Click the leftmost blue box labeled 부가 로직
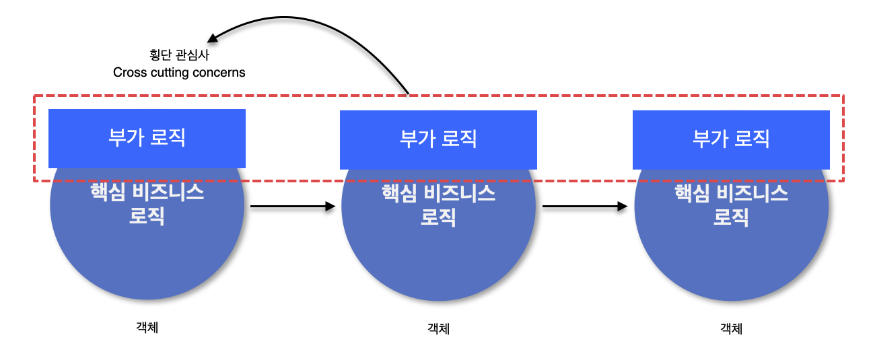[x=147, y=138]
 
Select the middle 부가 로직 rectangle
[x=438, y=139]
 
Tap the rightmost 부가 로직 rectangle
[x=731, y=139]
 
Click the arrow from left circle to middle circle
[x=292, y=206]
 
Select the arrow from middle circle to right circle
[x=584, y=206]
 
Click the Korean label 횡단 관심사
[x=179, y=55]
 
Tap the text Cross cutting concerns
[x=179, y=72]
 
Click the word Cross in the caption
[x=128, y=72]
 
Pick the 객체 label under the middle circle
[x=438, y=328]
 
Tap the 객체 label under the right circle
[x=731, y=328]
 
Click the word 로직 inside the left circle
[x=147, y=217]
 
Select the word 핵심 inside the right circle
[x=692, y=194]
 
